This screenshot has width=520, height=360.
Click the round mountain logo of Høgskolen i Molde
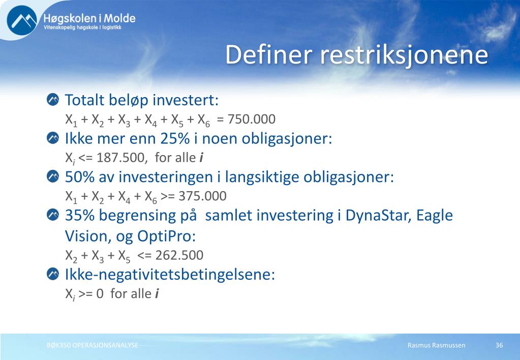point(22,20)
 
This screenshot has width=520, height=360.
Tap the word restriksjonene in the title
point(404,55)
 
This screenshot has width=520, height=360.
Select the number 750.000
point(252,119)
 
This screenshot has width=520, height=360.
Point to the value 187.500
point(121,158)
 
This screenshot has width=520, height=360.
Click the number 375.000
point(203,196)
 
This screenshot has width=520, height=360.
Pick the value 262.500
point(179,255)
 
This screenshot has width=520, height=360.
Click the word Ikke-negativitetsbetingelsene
point(170,275)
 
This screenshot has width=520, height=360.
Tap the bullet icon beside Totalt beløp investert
point(53,99)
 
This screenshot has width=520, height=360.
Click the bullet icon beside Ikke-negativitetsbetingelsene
point(53,274)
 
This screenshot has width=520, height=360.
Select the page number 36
point(499,345)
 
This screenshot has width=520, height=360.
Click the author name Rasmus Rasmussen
point(437,345)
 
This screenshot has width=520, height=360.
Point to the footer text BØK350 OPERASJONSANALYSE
point(93,345)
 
